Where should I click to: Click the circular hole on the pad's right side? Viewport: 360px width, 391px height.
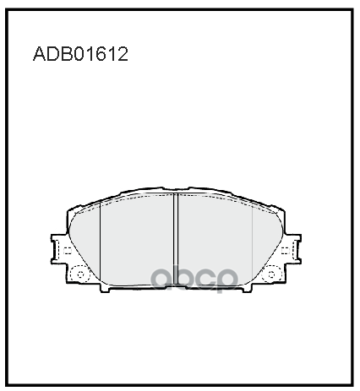point(273,274)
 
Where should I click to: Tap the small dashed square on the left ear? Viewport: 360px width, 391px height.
point(66,250)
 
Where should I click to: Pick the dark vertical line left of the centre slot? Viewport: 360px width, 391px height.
point(101,245)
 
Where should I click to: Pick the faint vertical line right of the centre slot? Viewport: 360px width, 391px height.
point(253,245)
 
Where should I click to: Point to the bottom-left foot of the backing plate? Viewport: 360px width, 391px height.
point(108,291)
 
